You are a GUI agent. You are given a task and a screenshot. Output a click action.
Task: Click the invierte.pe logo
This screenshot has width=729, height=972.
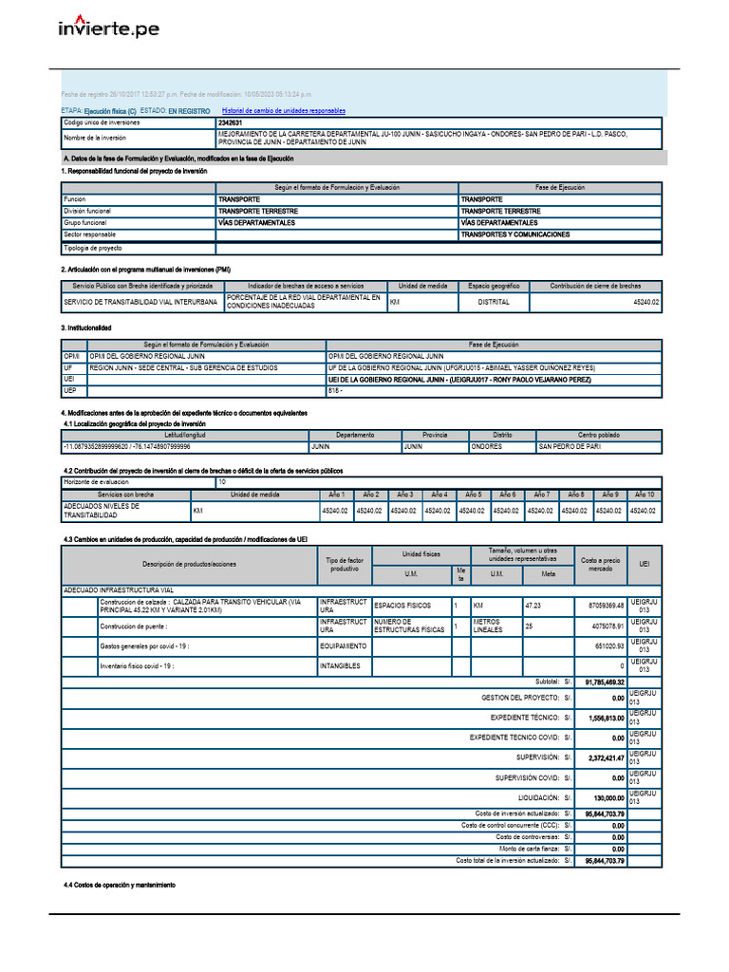tap(109, 28)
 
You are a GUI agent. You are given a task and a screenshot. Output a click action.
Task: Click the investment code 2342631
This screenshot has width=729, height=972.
tap(230, 122)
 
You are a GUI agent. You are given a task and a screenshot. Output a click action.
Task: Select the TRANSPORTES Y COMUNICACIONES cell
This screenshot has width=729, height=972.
tap(515, 234)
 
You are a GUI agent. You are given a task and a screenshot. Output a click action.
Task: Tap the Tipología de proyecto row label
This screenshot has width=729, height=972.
tap(93, 248)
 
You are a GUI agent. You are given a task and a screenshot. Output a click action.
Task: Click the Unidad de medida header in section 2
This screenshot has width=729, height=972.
tap(422, 286)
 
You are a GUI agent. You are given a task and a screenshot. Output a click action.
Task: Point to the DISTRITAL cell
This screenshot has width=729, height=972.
tap(494, 303)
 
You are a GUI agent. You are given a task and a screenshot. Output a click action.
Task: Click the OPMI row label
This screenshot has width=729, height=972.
tap(73, 356)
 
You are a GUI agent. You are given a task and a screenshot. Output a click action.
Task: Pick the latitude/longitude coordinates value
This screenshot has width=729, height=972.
tap(126, 446)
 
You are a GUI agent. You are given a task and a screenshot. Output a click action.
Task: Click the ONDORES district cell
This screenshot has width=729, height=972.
tap(487, 446)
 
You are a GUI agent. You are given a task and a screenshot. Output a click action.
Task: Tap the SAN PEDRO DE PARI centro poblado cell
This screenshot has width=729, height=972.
tap(570, 446)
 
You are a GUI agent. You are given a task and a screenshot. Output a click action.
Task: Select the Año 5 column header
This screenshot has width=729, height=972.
tap(473, 495)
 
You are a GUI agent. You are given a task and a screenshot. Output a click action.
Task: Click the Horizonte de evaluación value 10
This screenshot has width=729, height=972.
tap(222, 482)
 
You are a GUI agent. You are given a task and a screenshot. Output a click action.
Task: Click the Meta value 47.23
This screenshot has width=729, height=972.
tap(534, 605)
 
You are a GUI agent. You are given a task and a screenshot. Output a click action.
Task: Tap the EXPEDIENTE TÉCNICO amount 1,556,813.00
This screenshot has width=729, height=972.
tap(601, 718)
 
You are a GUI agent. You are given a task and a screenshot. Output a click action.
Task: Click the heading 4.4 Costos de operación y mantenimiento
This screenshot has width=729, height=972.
tap(119, 885)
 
